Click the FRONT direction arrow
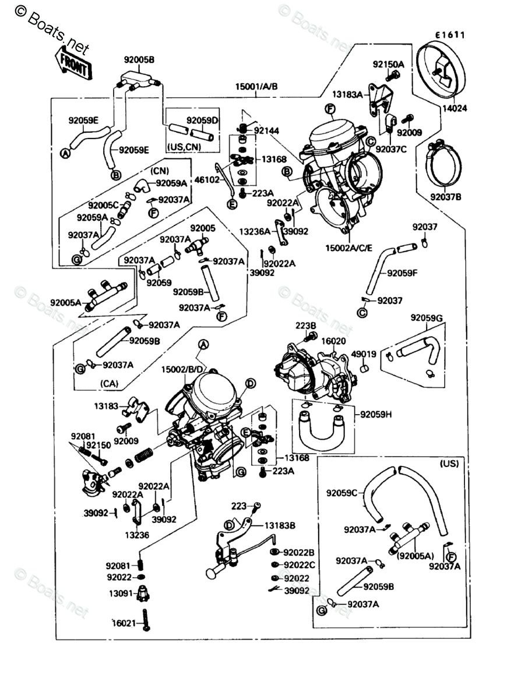click(73, 63)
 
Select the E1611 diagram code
click(448, 35)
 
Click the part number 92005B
click(139, 59)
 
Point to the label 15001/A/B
click(256, 87)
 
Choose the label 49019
click(364, 354)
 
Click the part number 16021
click(124, 623)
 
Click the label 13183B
click(280, 525)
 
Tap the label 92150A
click(389, 63)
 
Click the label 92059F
click(403, 272)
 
